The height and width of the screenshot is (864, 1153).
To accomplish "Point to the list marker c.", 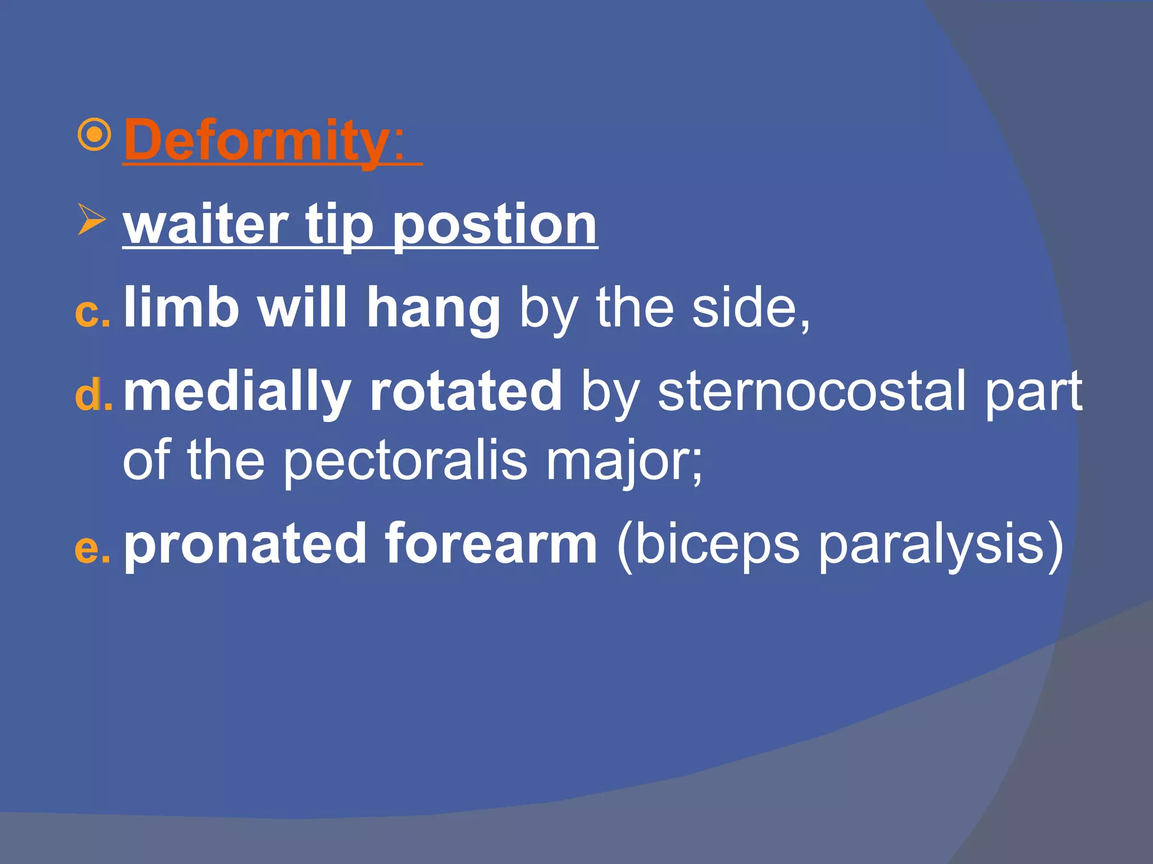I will [92, 312].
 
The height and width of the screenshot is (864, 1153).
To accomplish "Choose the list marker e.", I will [92, 548].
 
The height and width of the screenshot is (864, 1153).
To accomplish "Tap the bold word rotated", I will [465, 391].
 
